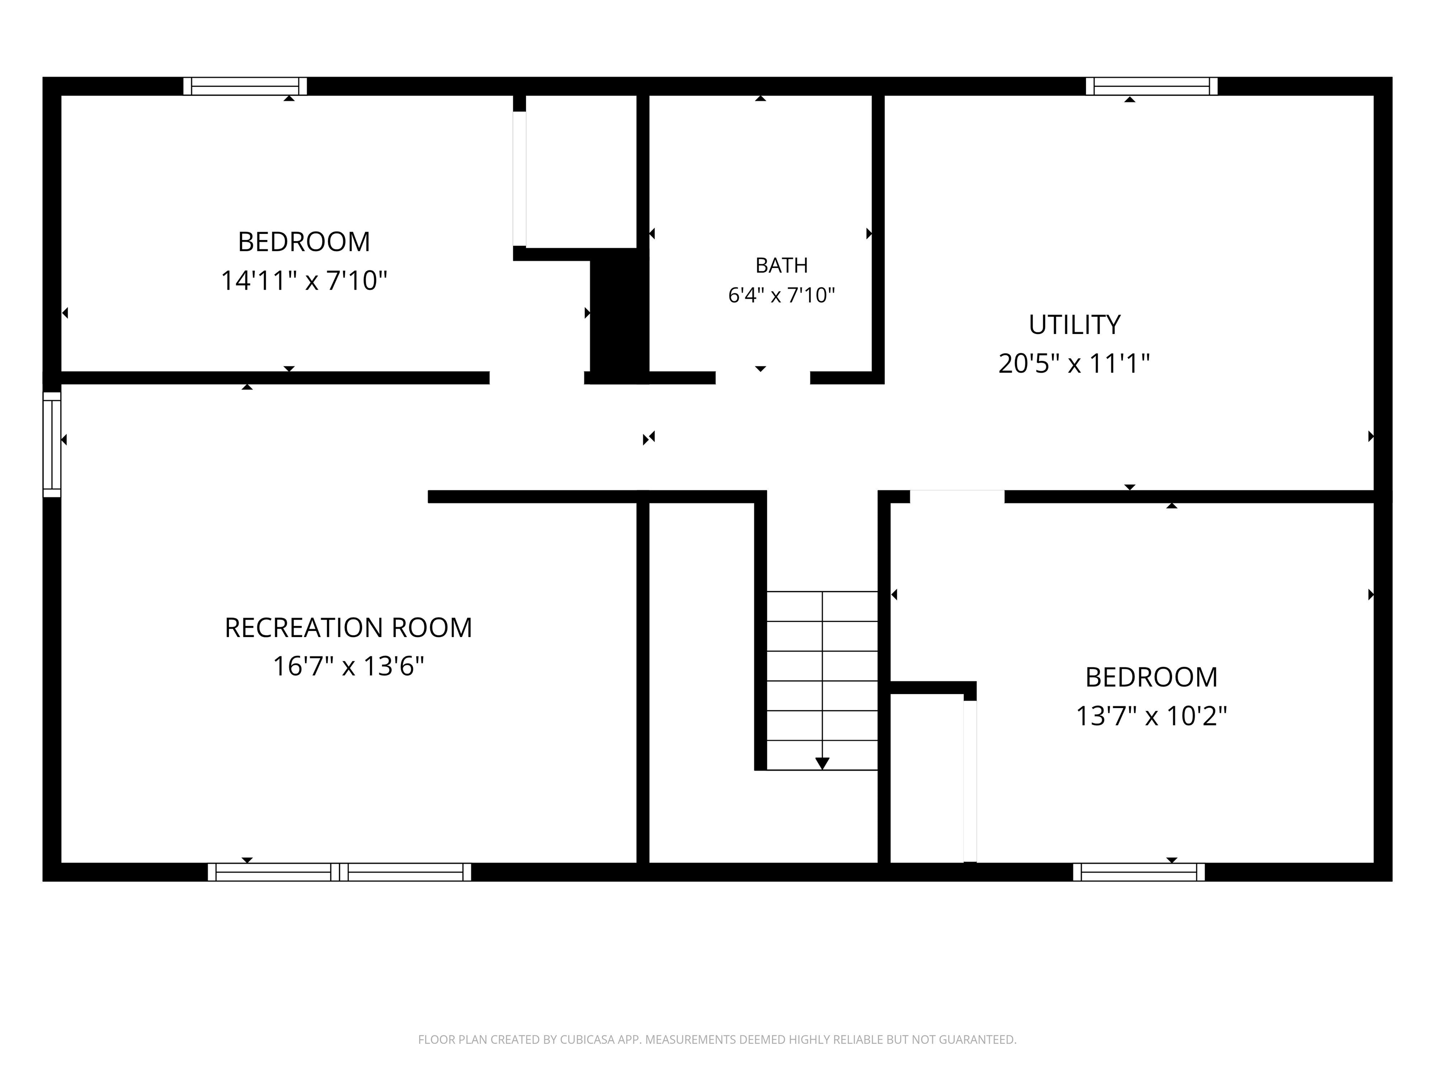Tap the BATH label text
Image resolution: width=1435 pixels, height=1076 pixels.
(x=781, y=265)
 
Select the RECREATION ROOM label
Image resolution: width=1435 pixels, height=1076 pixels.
(x=348, y=628)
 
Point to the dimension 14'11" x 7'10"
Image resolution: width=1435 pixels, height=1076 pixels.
(x=304, y=281)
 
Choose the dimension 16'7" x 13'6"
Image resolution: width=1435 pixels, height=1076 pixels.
(x=348, y=666)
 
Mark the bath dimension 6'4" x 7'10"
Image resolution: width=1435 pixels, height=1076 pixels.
(x=781, y=296)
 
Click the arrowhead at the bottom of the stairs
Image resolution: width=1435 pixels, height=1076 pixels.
(x=822, y=764)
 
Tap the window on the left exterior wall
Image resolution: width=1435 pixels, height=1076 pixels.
(x=52, y=444)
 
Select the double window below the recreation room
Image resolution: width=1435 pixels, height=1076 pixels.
(x=339, y=872)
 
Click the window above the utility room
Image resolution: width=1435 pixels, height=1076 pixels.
(x=1151, y=86)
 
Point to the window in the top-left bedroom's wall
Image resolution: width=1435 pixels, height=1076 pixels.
(x=245, y=86)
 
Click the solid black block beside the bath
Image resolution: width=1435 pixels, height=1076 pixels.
(x=619, y=316)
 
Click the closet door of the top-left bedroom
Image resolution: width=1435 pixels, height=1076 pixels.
(x=519, y=178)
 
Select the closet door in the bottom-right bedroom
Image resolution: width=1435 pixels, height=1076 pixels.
(x=970, y=781)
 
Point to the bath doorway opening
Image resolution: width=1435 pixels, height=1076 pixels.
(x=763, y=377)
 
